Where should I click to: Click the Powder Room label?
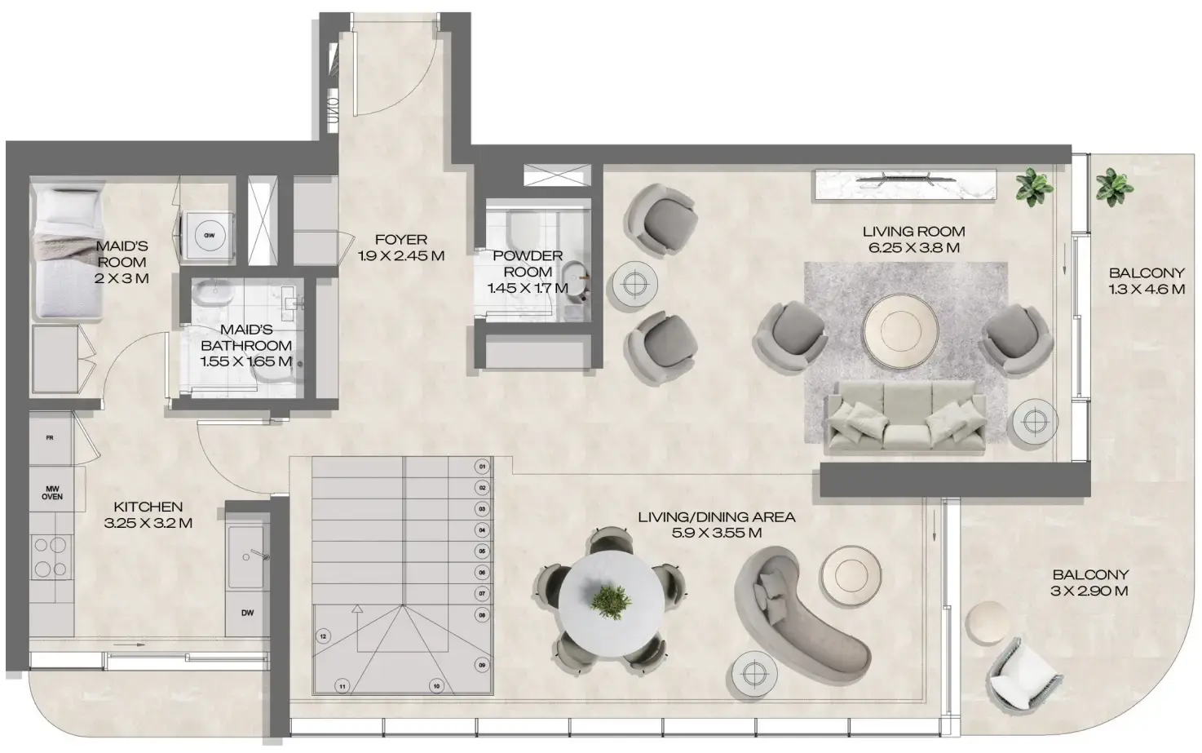(x=528, y=264)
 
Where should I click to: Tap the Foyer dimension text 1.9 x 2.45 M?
(x=401, y=255)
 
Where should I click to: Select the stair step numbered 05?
(x=482, y=551)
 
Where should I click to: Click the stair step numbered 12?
(x=323, y=636)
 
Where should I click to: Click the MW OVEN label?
(x=51, y=492)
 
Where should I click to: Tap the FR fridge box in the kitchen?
(x=50, y=438)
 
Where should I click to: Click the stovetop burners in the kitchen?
(x=51, y=557)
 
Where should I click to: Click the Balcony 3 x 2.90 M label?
(x=1089, y=582)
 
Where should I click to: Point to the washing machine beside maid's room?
(x=209, y=236)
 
